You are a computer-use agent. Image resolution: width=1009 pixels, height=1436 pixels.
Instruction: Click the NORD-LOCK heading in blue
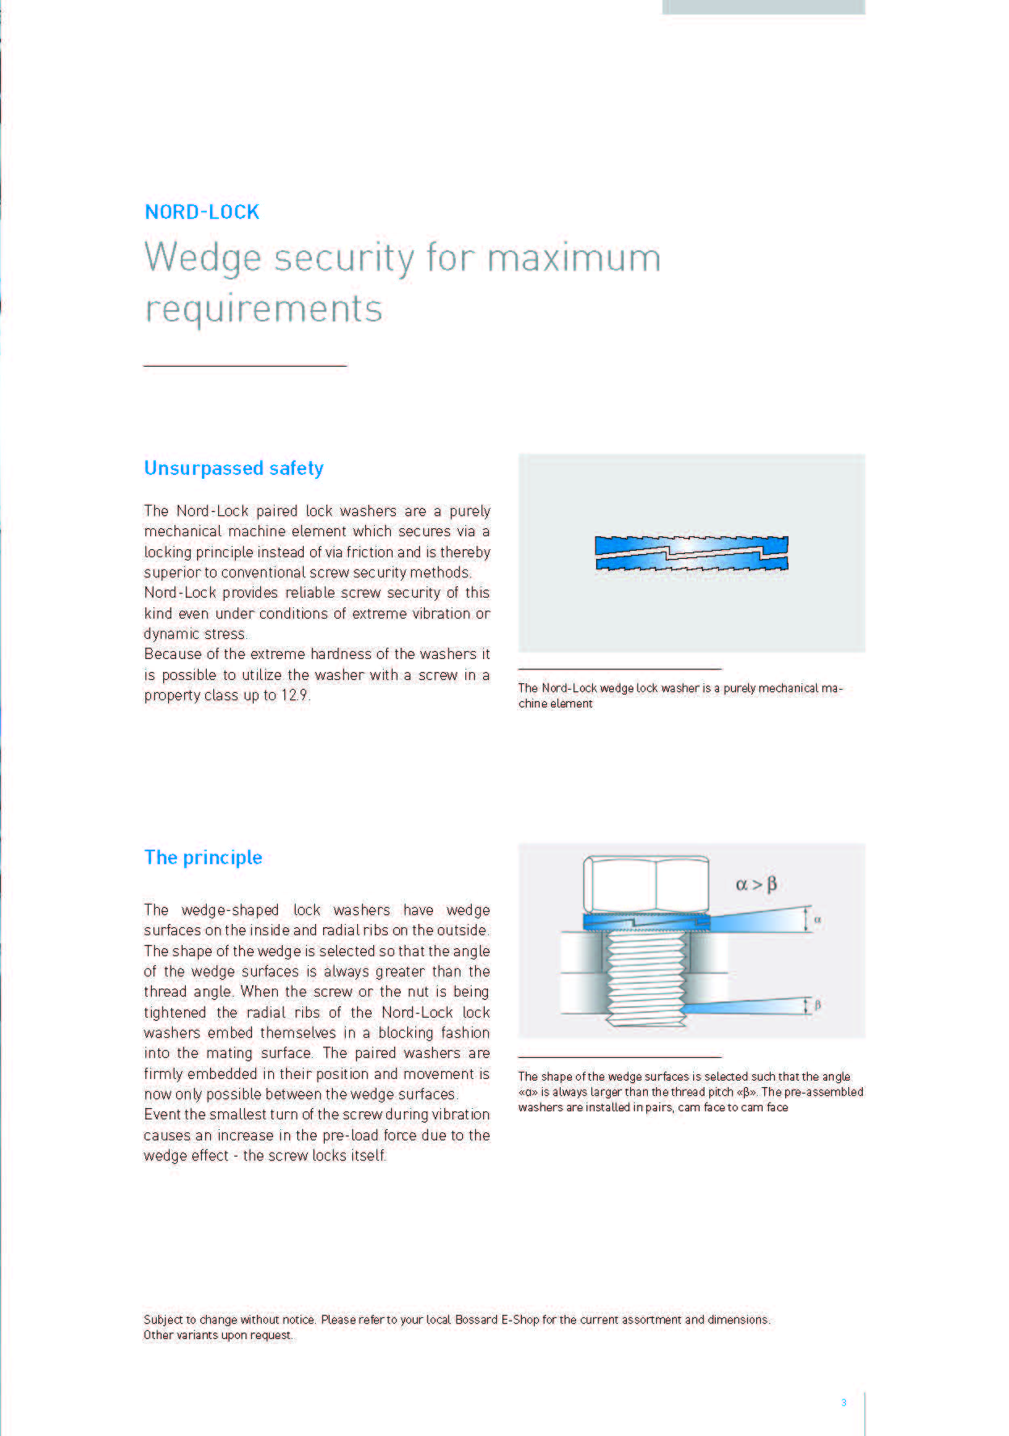[x=202, y=212]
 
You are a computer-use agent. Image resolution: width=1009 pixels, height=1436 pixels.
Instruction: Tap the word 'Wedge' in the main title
[x=203, y=258]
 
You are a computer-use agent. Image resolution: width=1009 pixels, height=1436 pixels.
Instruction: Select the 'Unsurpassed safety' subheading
[x=233, y=468]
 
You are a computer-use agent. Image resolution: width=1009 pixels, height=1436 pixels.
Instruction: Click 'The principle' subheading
[x=203, y=858]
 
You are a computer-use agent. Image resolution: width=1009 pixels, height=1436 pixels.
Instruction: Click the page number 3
[x=843, y=1402]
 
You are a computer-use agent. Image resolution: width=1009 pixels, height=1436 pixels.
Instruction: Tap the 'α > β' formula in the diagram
[x=756, y=884]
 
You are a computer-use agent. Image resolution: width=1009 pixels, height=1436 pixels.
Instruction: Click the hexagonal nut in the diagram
[x=645, y=884]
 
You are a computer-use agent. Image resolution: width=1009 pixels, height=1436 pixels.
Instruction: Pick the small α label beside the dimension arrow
[x=818, y=920]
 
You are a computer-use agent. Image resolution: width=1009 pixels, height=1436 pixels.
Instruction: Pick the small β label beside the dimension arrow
[x=818, y=1006]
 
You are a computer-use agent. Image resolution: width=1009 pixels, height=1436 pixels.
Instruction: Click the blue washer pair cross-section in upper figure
[x=692, y=553]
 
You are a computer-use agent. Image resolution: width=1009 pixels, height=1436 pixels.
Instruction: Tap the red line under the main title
[x=245, y=366]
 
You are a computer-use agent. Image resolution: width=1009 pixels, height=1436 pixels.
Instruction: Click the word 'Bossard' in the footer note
[x=476, y=1320]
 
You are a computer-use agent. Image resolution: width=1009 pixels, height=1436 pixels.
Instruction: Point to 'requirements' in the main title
[x=263, y=309]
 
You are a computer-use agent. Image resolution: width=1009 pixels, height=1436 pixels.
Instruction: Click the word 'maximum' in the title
[x=574, y=258]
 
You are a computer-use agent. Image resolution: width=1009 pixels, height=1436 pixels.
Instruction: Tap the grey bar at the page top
[x=763, y=7]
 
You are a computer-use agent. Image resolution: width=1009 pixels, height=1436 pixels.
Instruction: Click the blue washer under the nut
[x=645, y=922]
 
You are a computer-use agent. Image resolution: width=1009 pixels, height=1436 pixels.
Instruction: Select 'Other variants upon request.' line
[x=218, y=1335]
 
